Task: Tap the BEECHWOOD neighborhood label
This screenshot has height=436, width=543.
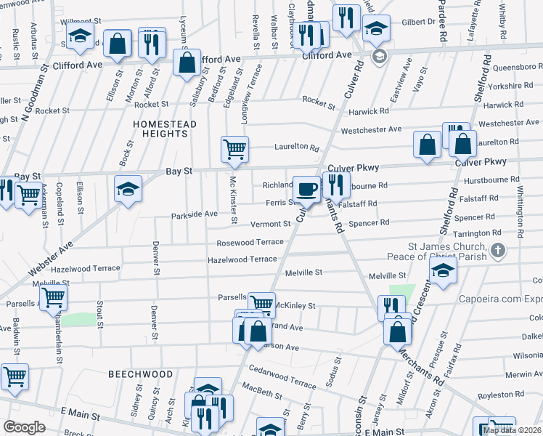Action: click(141, 374)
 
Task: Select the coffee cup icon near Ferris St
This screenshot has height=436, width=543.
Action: click(306, 189)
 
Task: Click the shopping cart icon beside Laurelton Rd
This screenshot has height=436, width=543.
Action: click(234, 149)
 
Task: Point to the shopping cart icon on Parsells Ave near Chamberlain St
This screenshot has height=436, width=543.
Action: click(53, 296)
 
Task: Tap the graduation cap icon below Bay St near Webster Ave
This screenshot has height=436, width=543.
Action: click(128, 189)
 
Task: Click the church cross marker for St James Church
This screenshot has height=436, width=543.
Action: click(497, 251)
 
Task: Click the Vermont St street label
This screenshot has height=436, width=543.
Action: click(271, 225)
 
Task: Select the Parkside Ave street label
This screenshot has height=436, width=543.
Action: click(195, 214)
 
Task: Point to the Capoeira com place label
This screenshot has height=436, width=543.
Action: click(499, 299)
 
